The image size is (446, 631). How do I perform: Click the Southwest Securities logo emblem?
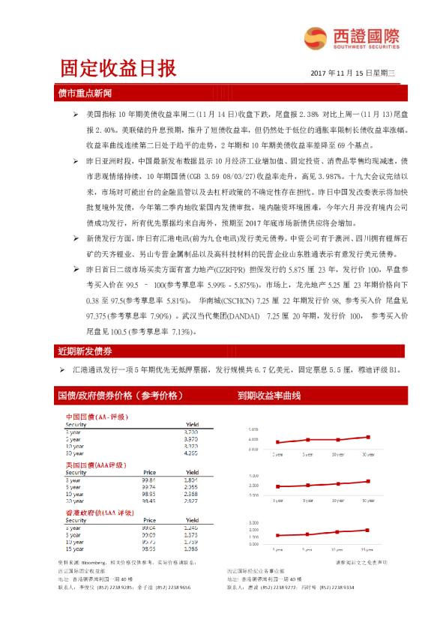pos(313,37)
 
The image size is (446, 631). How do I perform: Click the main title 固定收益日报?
pos(118,69)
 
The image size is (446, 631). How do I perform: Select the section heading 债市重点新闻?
pos(85,94)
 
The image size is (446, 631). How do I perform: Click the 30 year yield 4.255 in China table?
pos(190,453)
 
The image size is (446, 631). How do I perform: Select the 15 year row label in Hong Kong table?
pos(74,548)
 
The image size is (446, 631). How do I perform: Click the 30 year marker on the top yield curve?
pos(367,437)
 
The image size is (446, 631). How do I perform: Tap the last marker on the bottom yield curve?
pos(367,530)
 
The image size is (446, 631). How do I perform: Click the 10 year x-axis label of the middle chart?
pos(338,499)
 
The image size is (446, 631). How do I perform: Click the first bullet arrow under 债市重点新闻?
pos(76,113)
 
